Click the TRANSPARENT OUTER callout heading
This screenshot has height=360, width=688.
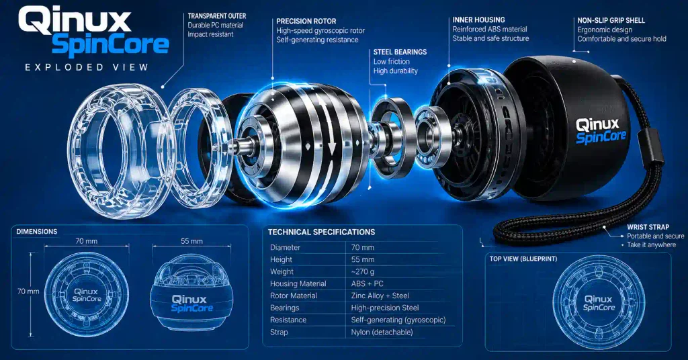(x=217, y=16)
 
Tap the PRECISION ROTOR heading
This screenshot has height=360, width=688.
(x=306, y=21)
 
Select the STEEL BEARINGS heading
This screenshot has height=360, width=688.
(x=400, y=52)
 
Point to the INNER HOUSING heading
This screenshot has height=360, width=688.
(x=478, y=19)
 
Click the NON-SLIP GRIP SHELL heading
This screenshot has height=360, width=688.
(x=611, y=20)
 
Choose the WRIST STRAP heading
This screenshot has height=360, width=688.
(x=648, y=227)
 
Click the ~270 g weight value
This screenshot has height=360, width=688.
(x=362, y=271)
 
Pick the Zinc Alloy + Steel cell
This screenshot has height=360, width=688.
(x=380, y=296)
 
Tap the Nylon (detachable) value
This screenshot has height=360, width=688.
(x=382, y=332)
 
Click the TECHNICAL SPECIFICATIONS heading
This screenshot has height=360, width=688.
(x=322, y=232)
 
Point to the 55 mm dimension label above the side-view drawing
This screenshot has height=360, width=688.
(x=191, y=241)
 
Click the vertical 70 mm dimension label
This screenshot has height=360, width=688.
(x=28, y=291)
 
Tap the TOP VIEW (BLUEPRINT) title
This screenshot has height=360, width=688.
(x=523, y=259)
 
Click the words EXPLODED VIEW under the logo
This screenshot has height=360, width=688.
(x=87, y=67)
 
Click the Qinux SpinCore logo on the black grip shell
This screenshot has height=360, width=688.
(x=601, y=131)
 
